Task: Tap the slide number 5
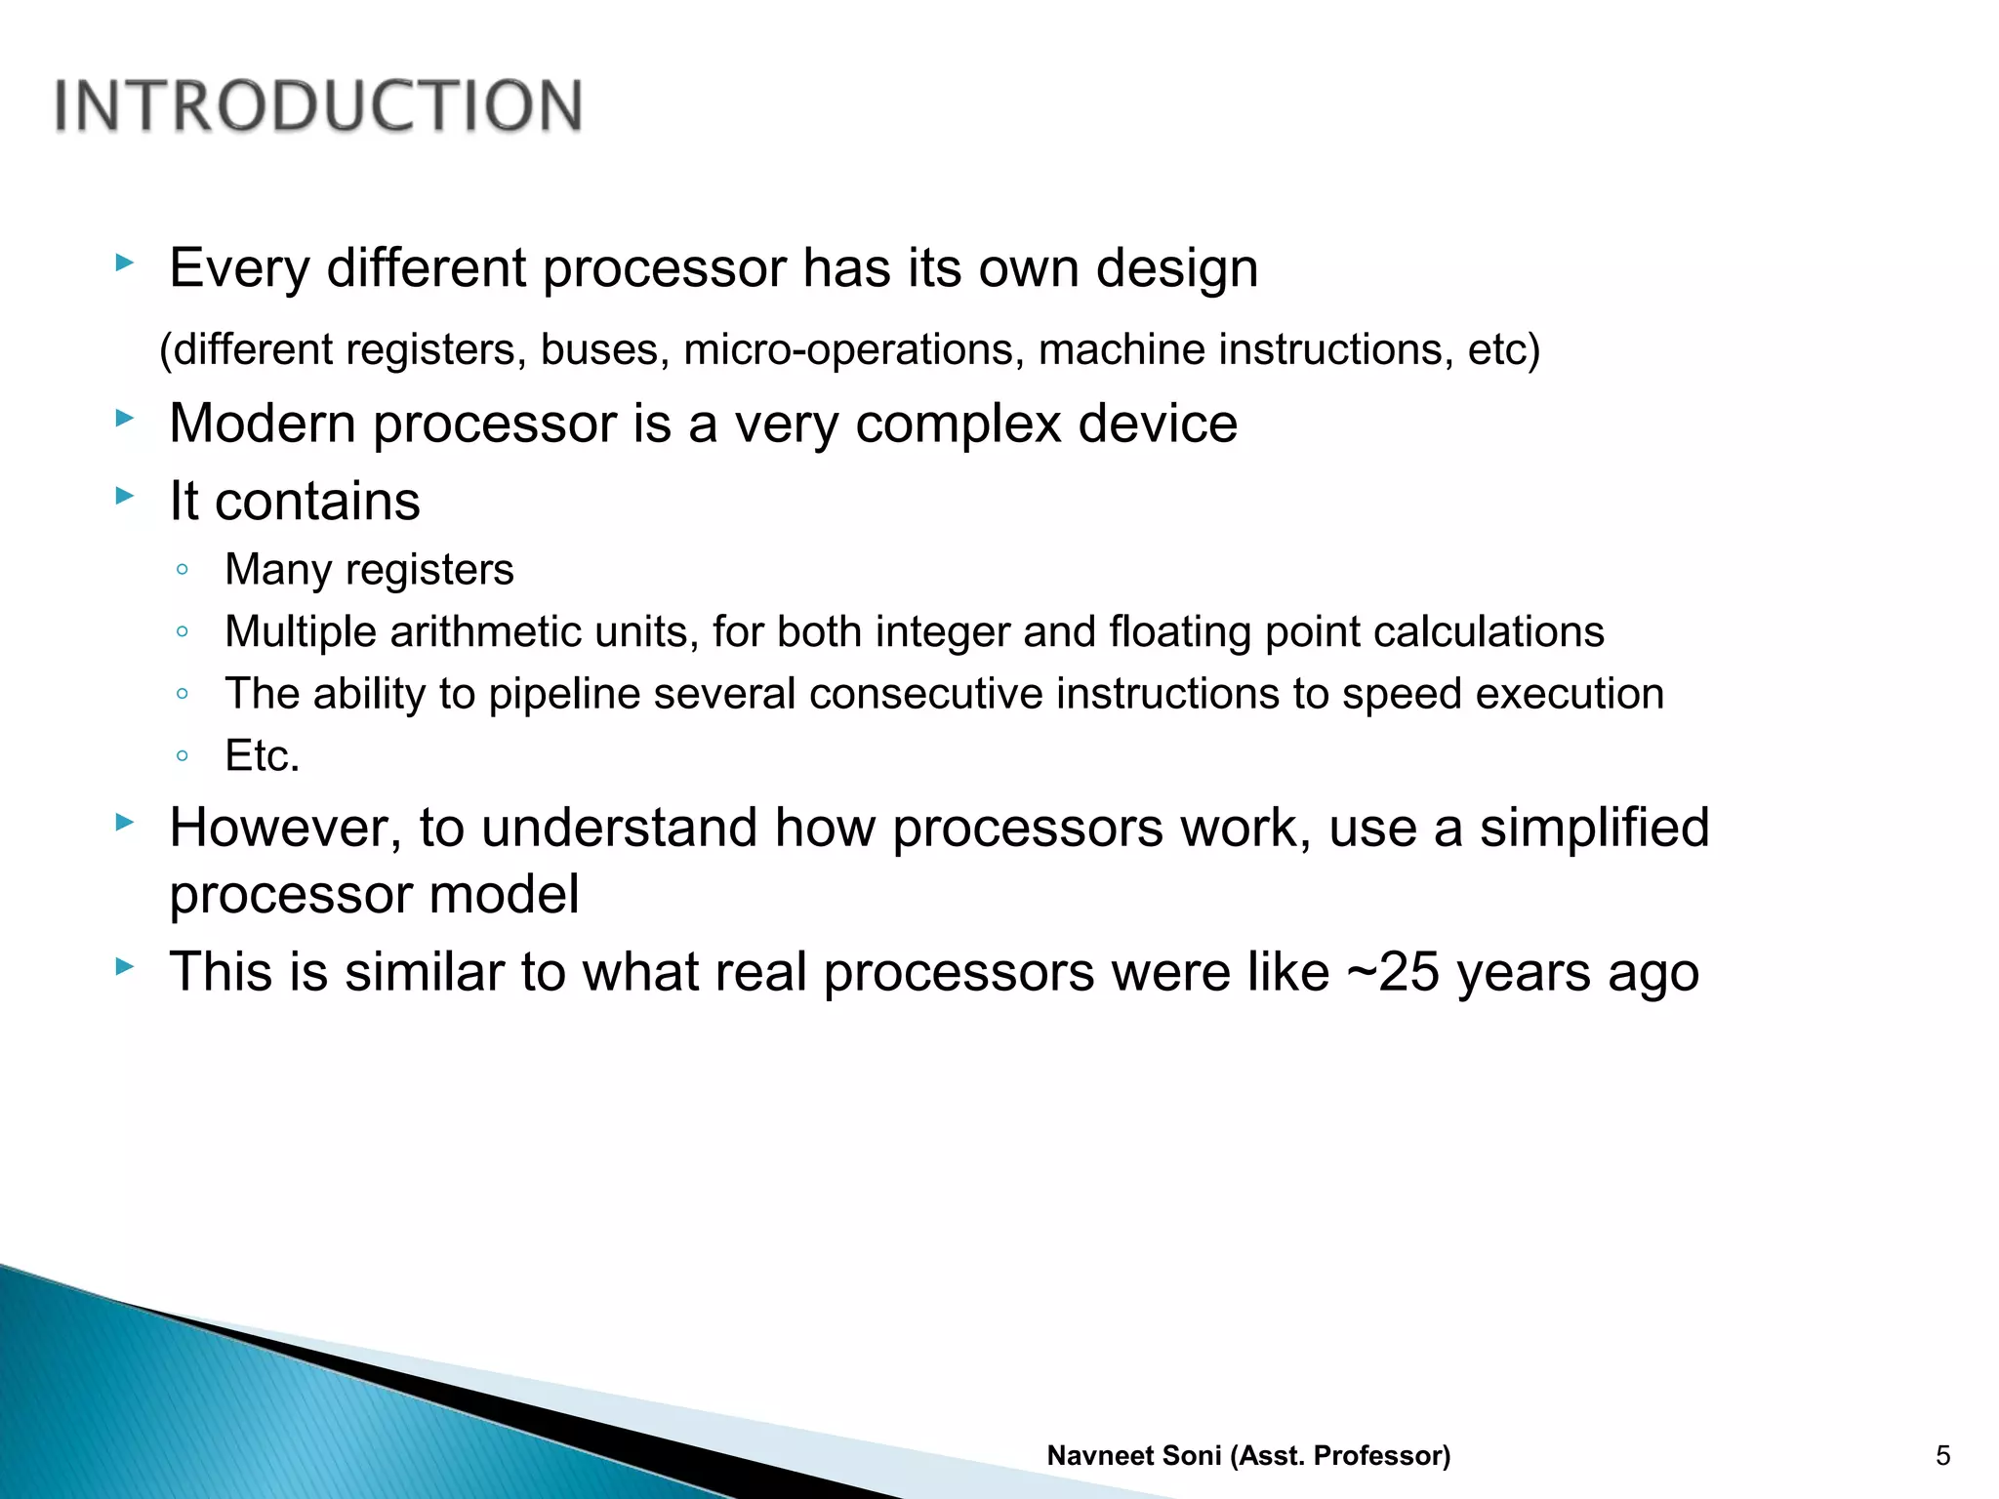click(x=1942, y=1456)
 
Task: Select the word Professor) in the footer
click(x=1382, y=1456)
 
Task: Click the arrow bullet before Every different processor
click(x=124, y=263)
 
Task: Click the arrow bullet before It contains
click(x=124, y=496)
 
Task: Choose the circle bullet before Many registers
click(x=183, y=569)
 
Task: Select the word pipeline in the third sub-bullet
click(x=564, y=694)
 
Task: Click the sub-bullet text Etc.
click(x=262, y=755)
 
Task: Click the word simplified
click(x=1594, y=828)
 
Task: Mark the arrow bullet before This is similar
click(x=124, y=967)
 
